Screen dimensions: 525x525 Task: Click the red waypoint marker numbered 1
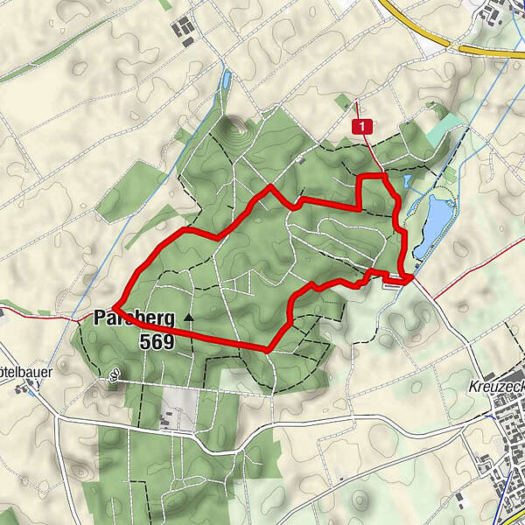tap(363, 127)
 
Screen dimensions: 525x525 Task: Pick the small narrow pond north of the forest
tap(227, 81)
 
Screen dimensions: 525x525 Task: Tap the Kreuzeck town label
tap(495, 385)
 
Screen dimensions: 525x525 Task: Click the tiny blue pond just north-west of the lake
tap(408, 181)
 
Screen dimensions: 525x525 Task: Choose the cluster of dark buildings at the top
tap(185, 30)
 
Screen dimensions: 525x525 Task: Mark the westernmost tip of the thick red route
tap(114, 305)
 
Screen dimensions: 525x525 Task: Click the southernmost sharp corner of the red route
tap(267, 348)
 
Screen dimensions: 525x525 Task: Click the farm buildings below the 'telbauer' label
tap(19, 386)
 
